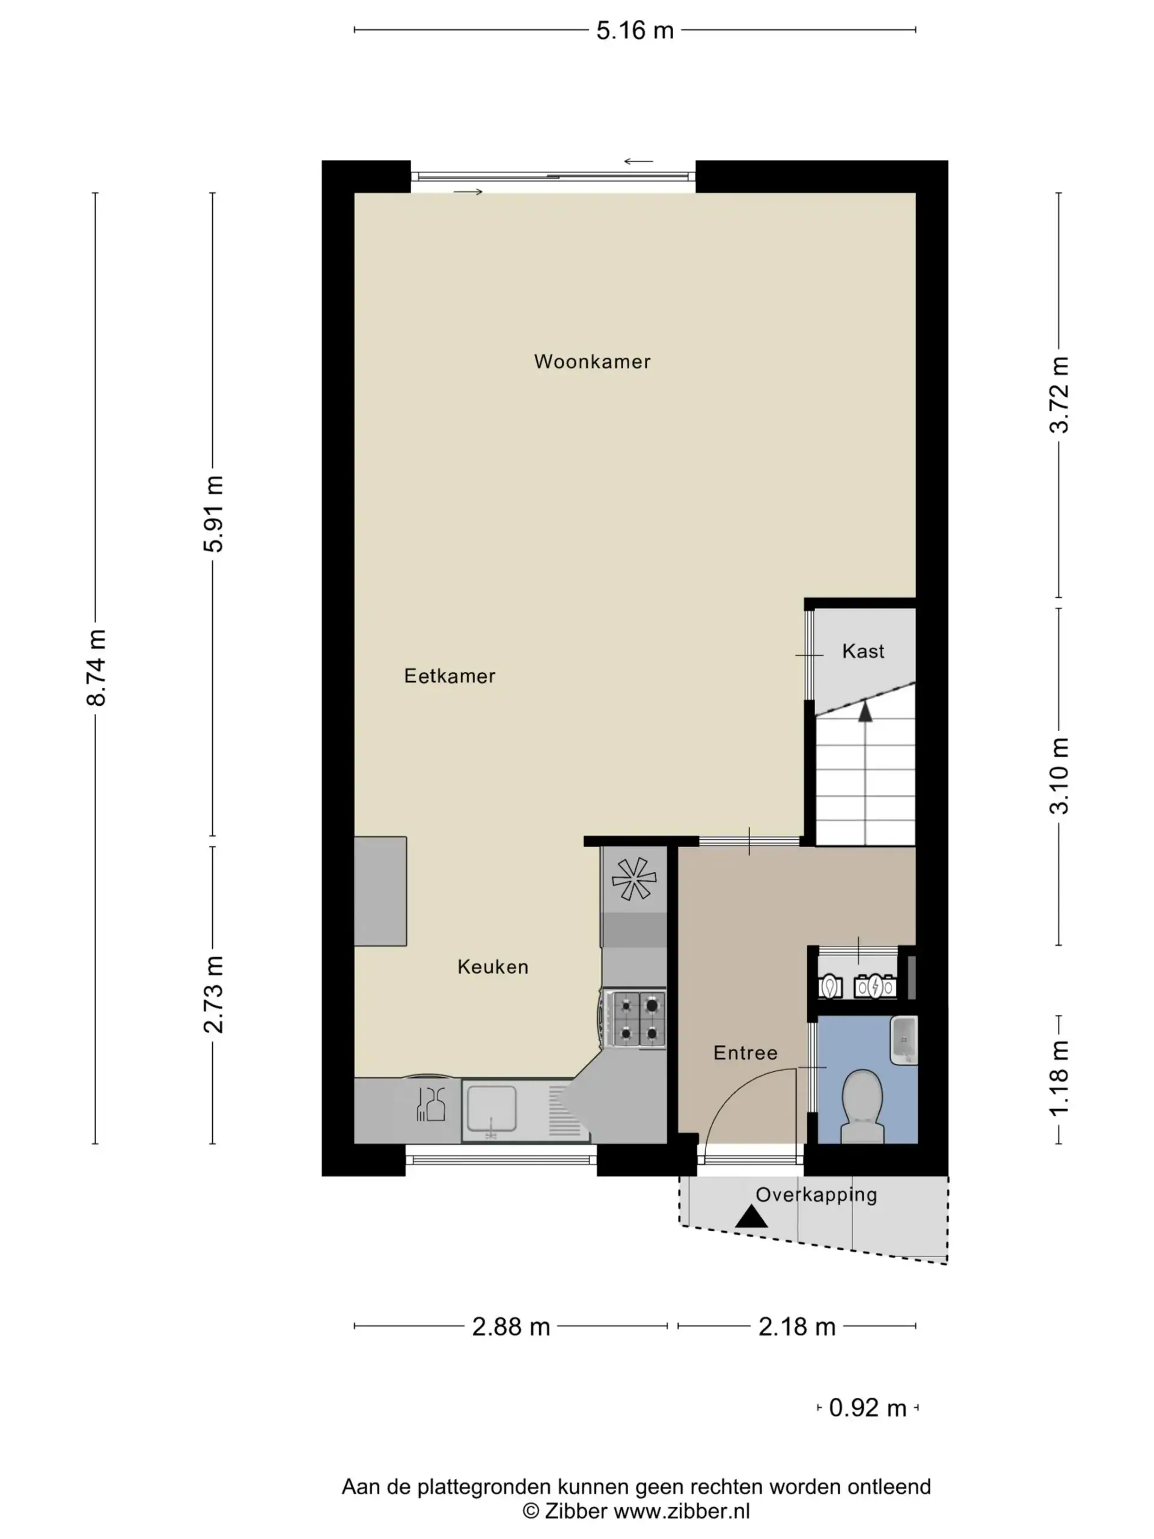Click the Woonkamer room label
click(592, 362)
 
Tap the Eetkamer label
click(450, 676)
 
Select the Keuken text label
click(492, 967)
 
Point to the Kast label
click(862, 651)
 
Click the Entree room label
click(745, 1053)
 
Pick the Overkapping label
click(816, 1195)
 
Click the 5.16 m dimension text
click(635, 31)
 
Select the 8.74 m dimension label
click(97, 668)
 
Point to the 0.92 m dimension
click(867, 1408)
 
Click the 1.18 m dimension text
click(1058, 1079)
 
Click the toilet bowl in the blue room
click(862, 1106)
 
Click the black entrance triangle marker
click(751, 1217)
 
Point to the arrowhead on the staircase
click(865, 711)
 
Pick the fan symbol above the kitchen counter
click(633, 879)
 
